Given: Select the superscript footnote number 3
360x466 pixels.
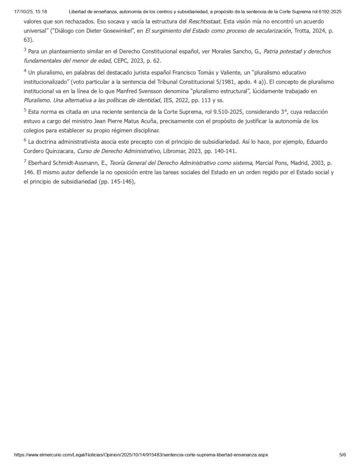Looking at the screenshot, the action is click(25, 50).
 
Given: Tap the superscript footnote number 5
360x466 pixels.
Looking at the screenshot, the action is click(25, 110).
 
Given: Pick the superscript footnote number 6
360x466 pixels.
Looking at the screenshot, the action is click(25, 141).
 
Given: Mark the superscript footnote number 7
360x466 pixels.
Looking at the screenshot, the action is click(25, 161).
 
